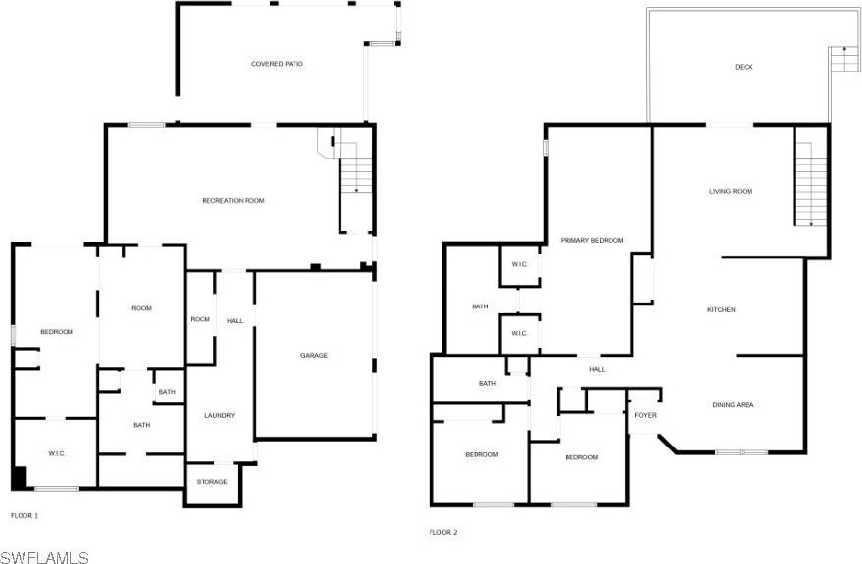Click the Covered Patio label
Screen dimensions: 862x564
pos(277,64)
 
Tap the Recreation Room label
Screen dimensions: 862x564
pos(233,201)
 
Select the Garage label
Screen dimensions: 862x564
pos(314,356)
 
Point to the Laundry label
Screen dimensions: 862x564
pos(220,415)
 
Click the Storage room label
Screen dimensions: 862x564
pos(211,482)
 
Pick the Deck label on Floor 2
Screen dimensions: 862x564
pos(744,67)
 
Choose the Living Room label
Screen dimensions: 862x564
pos(731,192)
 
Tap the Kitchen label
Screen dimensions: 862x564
pos(721,309)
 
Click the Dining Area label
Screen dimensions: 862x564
pos(733,405)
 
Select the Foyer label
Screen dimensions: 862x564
pos(646,415)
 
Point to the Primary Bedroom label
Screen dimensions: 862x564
pos(592,241)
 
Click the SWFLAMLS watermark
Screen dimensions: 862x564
pos(45,557)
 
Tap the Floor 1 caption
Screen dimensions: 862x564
pos(24,516)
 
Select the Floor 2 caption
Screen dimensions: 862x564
pos(443,532)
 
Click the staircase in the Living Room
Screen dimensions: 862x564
pos(811,184)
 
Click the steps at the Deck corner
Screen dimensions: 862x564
pos(844,60)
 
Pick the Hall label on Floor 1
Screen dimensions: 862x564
pos(235,321)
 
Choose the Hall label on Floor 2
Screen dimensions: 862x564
pos(597,370)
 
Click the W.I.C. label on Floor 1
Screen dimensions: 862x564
pos(57,453)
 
